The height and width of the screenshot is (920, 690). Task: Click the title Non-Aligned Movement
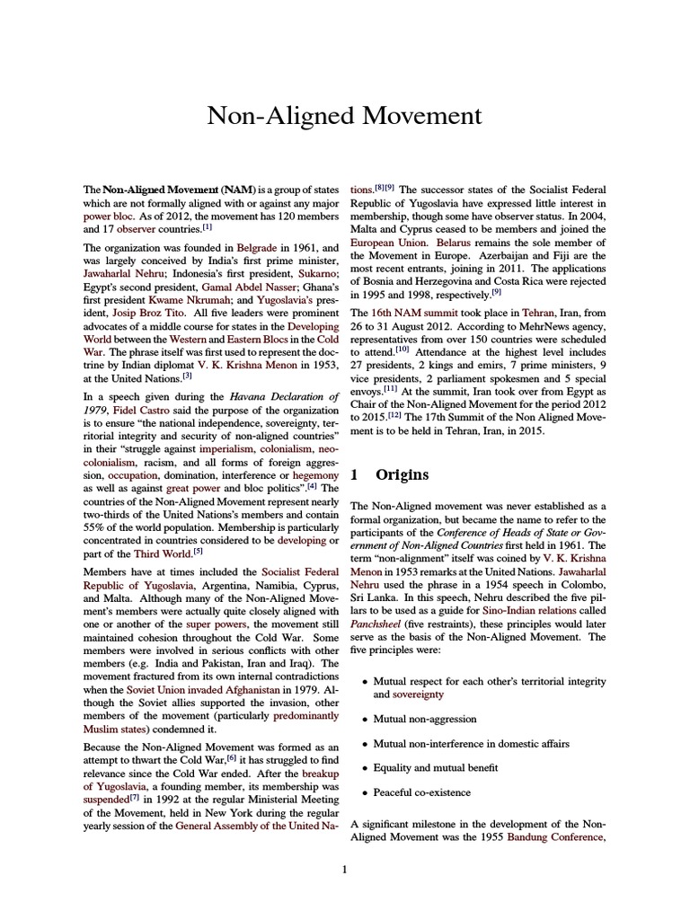click(x=344, y=117)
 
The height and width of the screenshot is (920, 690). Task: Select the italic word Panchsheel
click(x=381, y=624)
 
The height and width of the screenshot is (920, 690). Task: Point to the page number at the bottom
click(x=344, y=870)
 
